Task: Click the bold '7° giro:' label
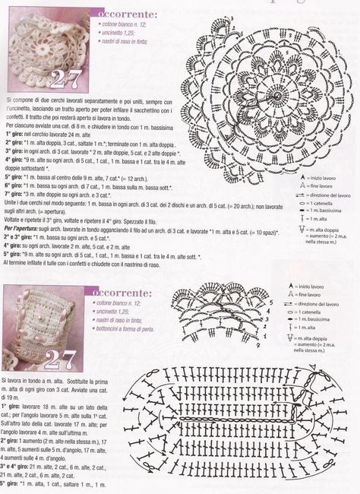(x=17, y=194)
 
